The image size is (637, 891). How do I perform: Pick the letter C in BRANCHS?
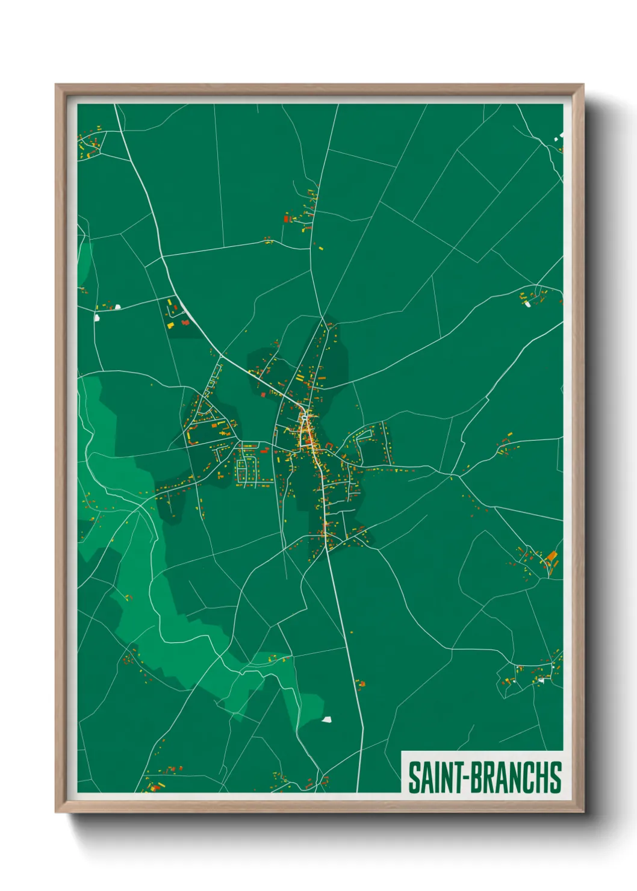pos(528,777)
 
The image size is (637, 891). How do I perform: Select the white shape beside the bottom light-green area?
pos(326,719)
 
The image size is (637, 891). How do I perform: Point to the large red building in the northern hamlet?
pos(287,219)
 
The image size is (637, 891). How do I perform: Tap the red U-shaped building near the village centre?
pos(329,446)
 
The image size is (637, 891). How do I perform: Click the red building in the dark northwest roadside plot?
pos(185,323)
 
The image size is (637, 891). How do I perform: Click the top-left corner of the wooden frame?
pos(56,85)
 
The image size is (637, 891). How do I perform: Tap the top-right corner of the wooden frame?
pos(583,85)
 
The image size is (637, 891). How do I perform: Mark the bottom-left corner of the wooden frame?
pos(56,812)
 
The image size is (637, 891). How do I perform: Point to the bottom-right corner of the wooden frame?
pos(583,812)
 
